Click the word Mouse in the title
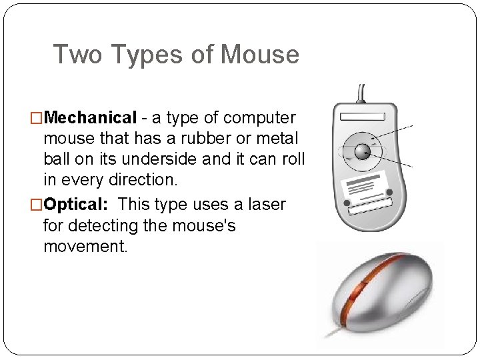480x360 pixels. coord(259,55)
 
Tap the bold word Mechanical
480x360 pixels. coord(91,118)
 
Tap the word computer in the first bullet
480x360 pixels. coord(259,118)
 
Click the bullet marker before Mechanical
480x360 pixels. coord(37,119)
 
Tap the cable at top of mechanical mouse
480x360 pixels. coord(361,93)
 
